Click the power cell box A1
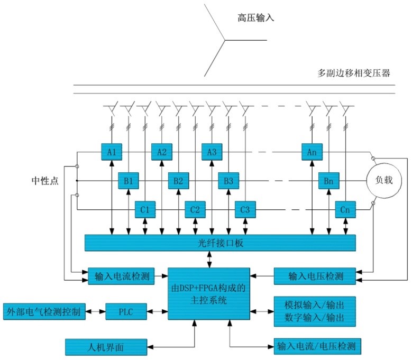(x=112, y=152)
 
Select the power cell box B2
(x=178, y=181)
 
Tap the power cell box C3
(x=245, y=209)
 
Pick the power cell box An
(x=312, y=152)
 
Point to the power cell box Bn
(x=328, y=181)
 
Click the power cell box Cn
(x=345, y=209)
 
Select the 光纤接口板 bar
(x=220, y=243)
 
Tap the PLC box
(x=126, y=312)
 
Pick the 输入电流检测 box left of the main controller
(x=121, y=276)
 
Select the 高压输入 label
(x=255, y=19)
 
